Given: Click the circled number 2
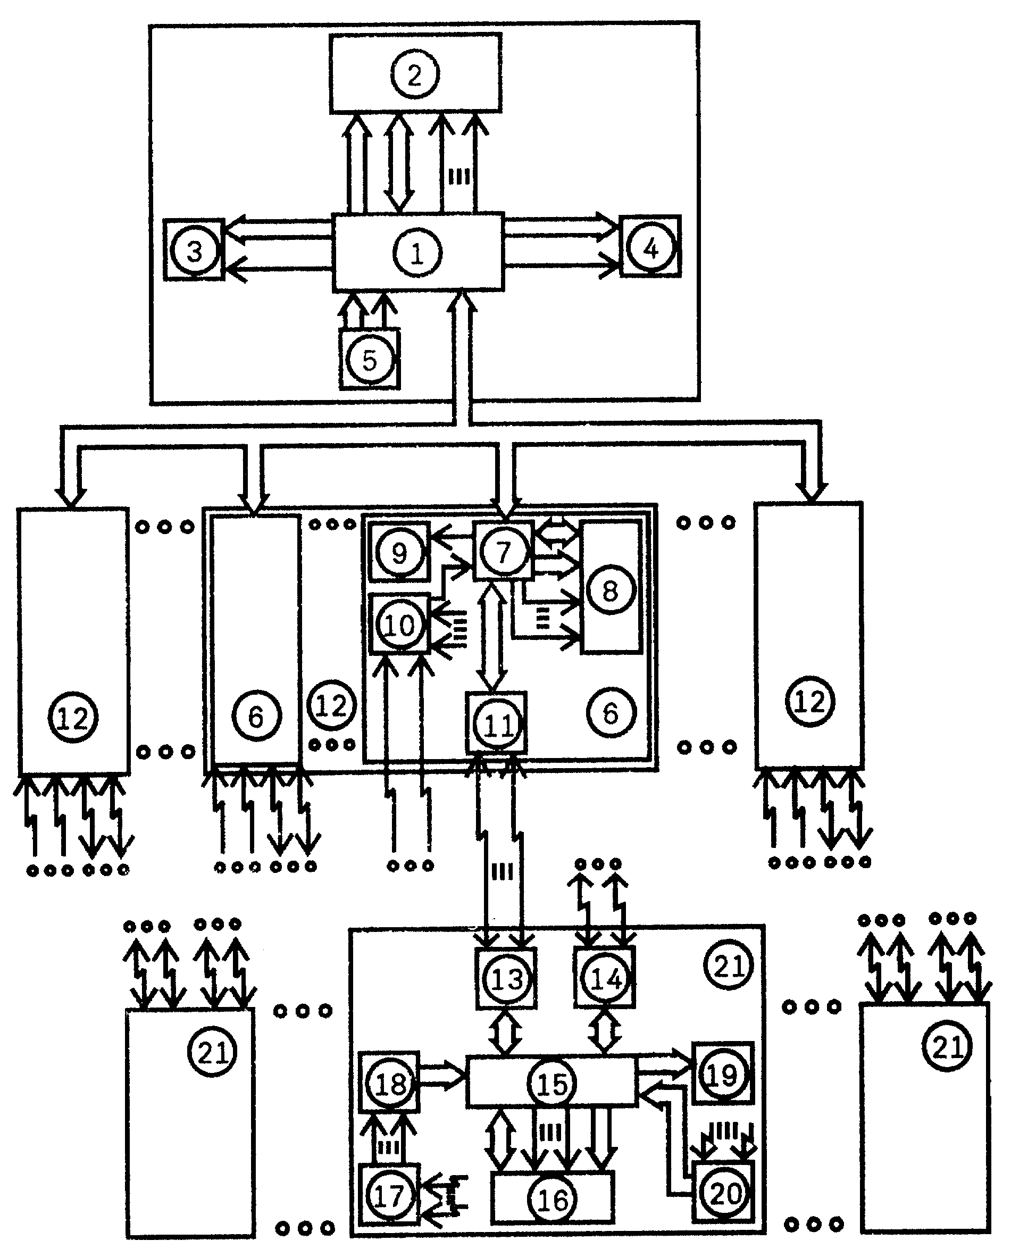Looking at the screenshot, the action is point(414,74).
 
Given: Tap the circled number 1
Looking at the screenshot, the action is point(417,253).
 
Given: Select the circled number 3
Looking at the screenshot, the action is point(195,251).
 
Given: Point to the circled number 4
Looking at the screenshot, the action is point(650,248).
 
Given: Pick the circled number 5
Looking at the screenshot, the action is point(370,359).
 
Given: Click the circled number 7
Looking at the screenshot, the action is point(504,551).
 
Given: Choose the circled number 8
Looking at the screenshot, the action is point(611,590).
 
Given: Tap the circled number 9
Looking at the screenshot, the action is point(399,552).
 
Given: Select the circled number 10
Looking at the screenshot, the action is point(400,625).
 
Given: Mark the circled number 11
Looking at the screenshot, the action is point(498,725).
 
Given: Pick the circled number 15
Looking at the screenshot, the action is point(552,1084).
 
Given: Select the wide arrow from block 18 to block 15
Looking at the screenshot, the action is point(442,1075).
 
